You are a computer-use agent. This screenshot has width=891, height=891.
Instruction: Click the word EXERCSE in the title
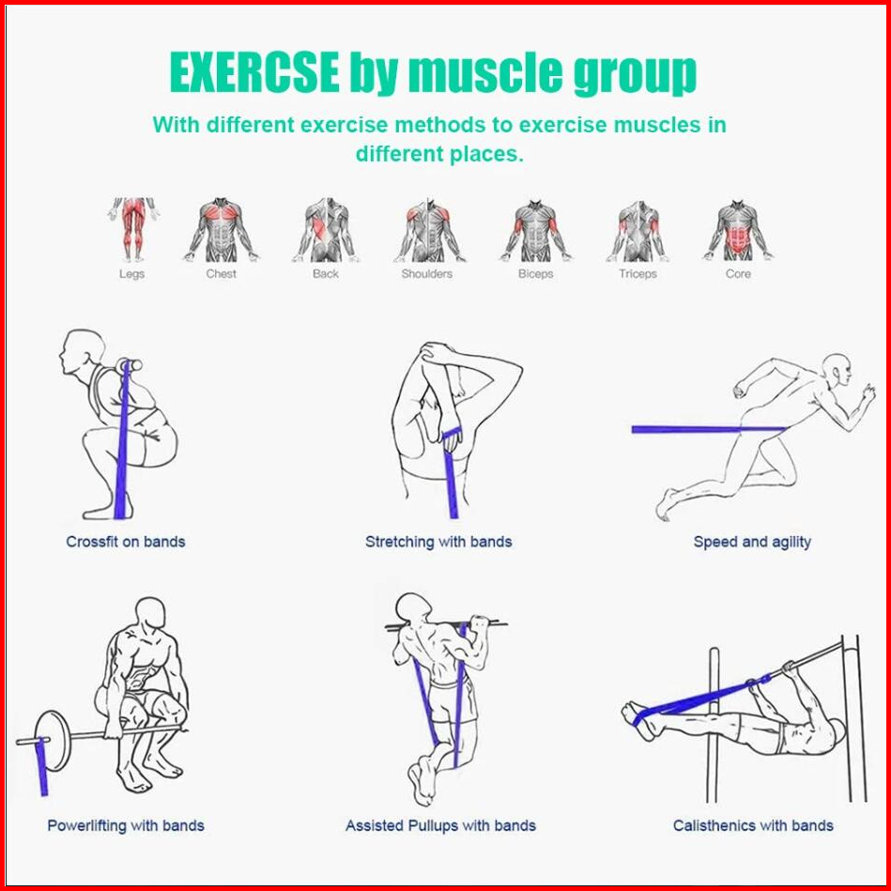[x=254, y=72]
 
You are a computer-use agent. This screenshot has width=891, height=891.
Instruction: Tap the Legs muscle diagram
[x=133, y=229]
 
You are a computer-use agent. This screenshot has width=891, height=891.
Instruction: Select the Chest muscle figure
[x=221, y=230]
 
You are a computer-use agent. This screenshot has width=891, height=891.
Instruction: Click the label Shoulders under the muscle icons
[x=427, y=274]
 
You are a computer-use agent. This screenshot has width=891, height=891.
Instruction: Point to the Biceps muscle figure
[x=536, y=230]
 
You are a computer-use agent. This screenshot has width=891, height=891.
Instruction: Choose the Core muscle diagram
[x=738, y=230]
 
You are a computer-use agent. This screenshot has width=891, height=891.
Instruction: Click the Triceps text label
[x=638, y=274]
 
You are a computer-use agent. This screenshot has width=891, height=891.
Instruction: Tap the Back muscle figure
[x=326, y=230]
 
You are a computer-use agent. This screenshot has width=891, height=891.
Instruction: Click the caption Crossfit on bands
[x=126, y=542]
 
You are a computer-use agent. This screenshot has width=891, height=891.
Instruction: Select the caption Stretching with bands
[x=438, y=542]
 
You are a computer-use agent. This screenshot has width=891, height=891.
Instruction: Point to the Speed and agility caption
[x=752, y=542]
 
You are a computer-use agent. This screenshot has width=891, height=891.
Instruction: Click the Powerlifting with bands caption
[x=126, y=825]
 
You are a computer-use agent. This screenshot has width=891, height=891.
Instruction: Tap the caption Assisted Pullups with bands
[x=440, y=825]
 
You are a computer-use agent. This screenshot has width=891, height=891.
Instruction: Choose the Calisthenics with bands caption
[x=753, y=825]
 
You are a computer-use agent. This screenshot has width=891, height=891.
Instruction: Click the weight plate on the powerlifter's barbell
[x=53, y=741]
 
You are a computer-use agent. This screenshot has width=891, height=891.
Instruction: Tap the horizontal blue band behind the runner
[x=708, y=430]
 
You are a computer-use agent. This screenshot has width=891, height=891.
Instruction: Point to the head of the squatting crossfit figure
[x=83, y=352]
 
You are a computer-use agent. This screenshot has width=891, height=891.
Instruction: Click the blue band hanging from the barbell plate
[x=41, y=766]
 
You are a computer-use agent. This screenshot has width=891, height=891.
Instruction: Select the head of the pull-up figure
[x=412, y=608]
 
